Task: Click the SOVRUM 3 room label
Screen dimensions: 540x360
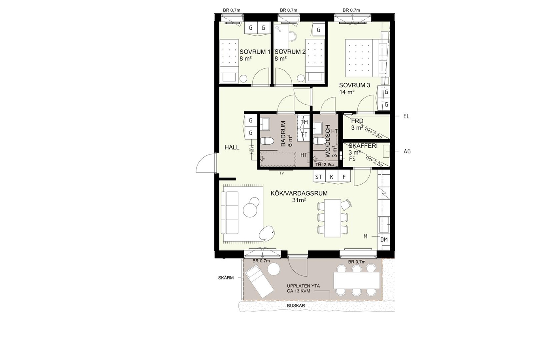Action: (x=354, y=85)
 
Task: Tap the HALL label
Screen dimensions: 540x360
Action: (x=232, y=147)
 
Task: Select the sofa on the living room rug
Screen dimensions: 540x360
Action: (x=61, y=213)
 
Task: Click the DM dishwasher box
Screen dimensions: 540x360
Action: (x=384, y=239)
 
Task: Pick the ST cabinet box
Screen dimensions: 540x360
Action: (x=319, y=177)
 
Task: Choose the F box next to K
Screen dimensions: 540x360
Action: (x=344, y=177)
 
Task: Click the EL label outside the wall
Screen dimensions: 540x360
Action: (x=406, y=117)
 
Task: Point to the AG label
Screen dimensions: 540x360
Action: (x=407, y=151)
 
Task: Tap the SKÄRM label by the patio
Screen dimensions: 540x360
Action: (x=226, y=278)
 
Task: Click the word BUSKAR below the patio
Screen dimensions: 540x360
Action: (x=296, y=306)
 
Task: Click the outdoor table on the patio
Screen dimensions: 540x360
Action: (x=357, y=281)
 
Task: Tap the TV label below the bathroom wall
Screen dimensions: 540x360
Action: (x=281, y=173)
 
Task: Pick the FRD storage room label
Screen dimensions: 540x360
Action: (x=357, y=121)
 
